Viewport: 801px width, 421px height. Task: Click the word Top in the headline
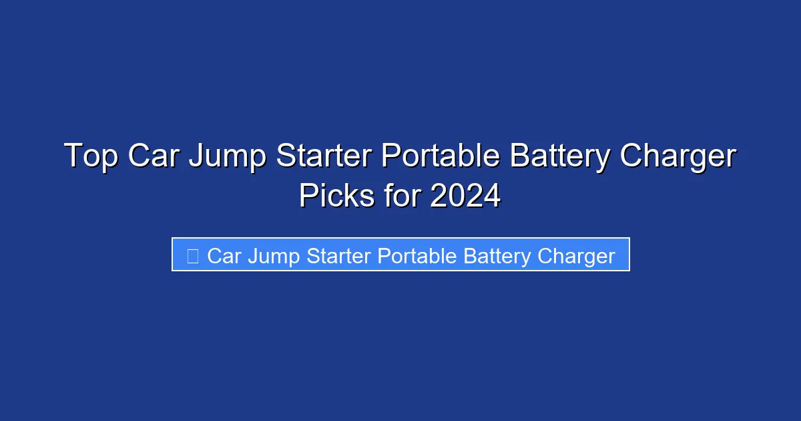(x=91, y=157)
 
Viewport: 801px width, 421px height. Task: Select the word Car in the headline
(x=153, y=157)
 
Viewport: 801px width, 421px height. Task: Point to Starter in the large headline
(x=322, y=157)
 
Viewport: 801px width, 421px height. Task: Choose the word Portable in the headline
(x=440, y=157)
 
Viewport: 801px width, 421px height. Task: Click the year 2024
(x=466, y=196)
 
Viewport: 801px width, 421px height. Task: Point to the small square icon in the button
(x=193, y=255)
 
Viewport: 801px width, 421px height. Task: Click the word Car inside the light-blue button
(x=224, y=256)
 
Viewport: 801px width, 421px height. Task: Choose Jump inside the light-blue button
(x=273, y=257)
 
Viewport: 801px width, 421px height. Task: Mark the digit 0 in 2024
(x=456, y=196)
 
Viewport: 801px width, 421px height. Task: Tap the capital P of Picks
(x=308, y=196)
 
